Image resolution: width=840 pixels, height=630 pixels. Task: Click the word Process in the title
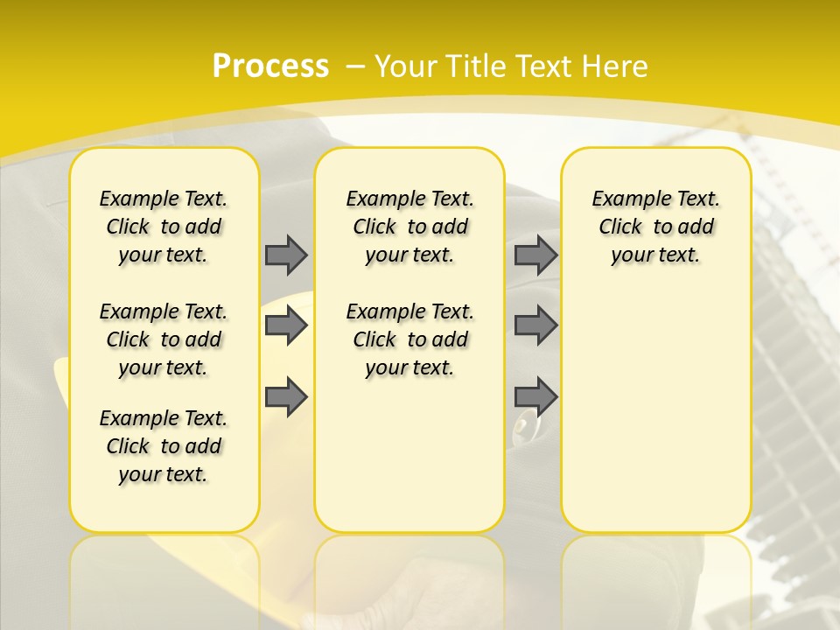(270, 66)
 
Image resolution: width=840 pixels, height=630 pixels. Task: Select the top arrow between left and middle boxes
(286, 255)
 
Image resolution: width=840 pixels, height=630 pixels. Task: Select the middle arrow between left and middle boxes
(286, 325)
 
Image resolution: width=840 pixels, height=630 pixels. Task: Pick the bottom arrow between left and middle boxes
(286, 396)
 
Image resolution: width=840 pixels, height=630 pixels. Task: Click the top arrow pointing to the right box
(535, 255)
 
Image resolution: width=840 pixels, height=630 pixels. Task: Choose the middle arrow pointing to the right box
(535, 325)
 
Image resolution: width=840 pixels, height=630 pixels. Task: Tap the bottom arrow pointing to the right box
(535, 396)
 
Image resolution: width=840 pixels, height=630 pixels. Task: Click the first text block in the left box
(164, 227)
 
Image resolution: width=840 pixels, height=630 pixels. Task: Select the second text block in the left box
(164, 339)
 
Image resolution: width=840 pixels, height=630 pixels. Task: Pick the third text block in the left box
(164, 446)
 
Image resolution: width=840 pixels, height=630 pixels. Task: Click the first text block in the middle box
(409, 227)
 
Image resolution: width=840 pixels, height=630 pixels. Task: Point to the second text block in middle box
(409, 339)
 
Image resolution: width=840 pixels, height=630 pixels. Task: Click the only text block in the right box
(655, 227)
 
